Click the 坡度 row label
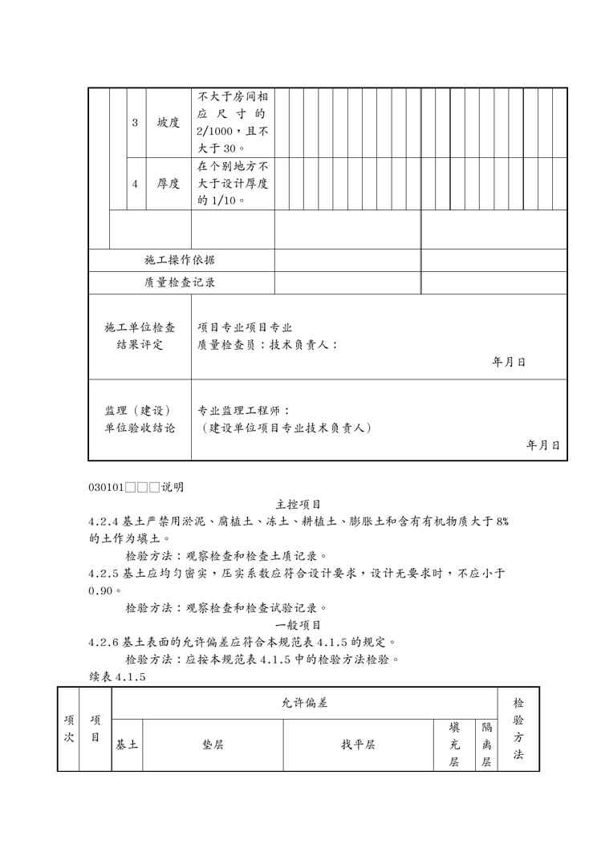click(x=168, y=123)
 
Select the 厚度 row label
click(x=168, y=184)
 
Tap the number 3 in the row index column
click(x=135, y=123)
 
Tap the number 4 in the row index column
click(x=135, y=184)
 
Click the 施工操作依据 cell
click(x=180, y=260)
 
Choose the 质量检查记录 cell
click(x=180, y=282)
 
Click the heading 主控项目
click(x=298, y=505)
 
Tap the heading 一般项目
click(x=298, y=625)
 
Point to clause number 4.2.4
click(x=104, y=521)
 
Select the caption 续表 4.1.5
click(x=117, y=677)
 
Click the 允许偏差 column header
click(x=304, y=703)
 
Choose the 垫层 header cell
click(x=213, y=745)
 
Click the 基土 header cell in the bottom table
click(x=127, y=745)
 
